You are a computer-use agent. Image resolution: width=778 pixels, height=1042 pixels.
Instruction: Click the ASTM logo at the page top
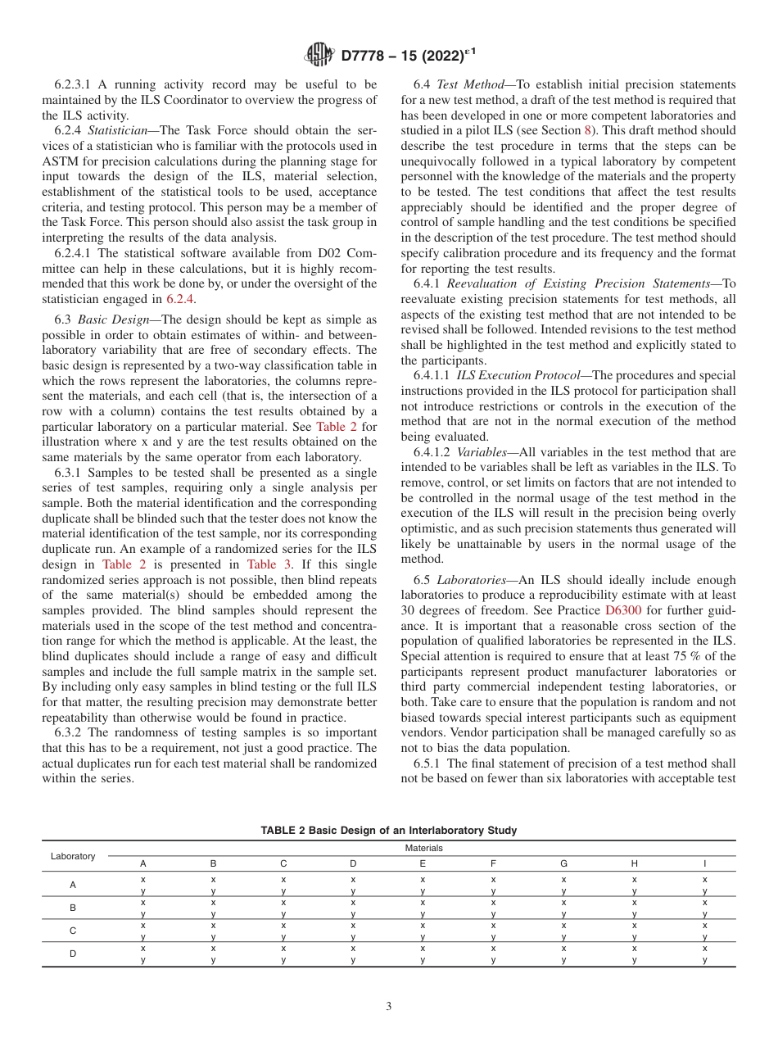[x=319, y=55]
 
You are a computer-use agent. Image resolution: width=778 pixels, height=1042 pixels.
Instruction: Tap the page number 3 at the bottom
[x=389, y=1007]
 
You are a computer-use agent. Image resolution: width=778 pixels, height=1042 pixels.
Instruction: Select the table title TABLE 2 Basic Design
[x=388, y=831]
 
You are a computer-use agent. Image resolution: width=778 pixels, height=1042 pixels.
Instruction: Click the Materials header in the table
[x=423, y=848]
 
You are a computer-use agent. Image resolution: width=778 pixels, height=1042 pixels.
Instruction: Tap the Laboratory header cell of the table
[x=73, y=856]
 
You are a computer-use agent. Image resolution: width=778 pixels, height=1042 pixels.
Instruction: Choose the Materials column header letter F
[x=493, y=863]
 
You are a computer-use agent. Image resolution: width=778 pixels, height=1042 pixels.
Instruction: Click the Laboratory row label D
[x=73, y=954]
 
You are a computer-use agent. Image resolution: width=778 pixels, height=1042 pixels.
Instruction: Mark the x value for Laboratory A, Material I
[x=704, y=879]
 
